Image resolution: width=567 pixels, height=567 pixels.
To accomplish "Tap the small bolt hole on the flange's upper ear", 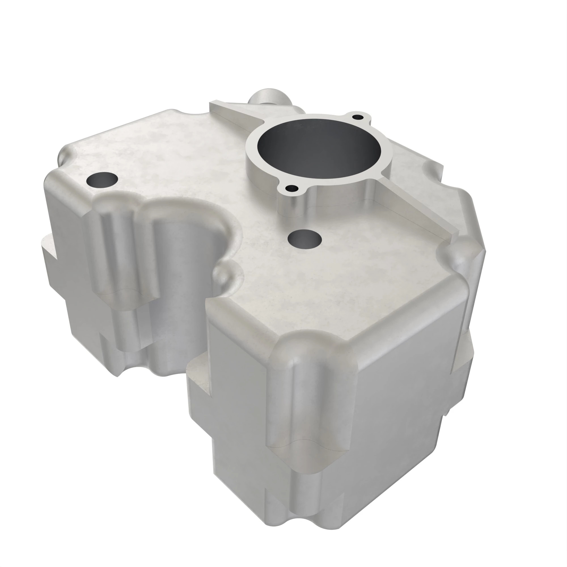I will pyautogui.click(x=357, y=117).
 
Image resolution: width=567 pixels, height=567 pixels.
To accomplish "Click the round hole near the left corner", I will pyautogui.click(x=103, y=179).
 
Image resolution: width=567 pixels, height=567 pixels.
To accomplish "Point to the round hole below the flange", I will pyautogui.click(x=305, y=239).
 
